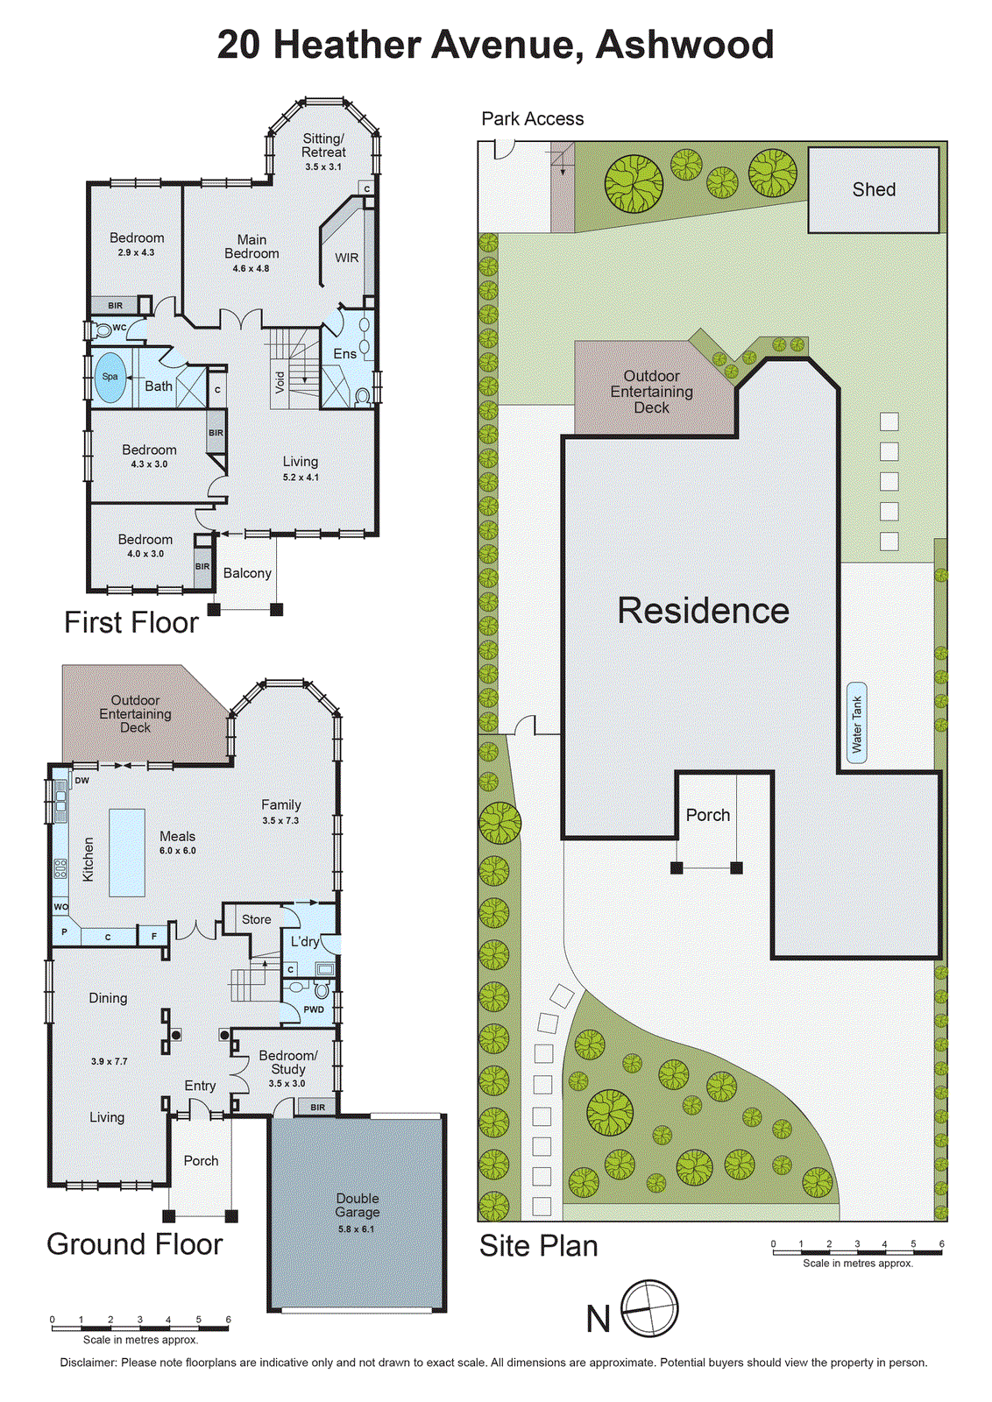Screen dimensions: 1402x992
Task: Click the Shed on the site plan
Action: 873,189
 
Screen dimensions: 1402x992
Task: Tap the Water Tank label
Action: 857,724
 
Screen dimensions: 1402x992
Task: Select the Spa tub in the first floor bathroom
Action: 110,377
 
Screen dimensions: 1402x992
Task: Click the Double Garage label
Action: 358,1205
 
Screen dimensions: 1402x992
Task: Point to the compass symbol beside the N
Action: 649,1309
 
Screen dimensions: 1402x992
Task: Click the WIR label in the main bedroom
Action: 346,258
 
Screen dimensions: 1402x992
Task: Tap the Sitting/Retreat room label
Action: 323,145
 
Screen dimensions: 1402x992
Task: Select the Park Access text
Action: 532,119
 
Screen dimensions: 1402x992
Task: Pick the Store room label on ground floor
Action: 256,919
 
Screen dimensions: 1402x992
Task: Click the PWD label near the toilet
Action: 313,1009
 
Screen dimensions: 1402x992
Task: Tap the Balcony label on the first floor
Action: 247,573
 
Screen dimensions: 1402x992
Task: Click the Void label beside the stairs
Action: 280,381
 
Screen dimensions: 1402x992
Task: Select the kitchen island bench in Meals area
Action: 127,852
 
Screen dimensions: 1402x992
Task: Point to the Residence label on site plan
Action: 703,611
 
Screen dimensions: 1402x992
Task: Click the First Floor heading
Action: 131,623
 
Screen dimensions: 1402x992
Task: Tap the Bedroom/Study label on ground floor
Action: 287,1062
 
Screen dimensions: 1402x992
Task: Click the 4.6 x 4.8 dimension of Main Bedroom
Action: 251,268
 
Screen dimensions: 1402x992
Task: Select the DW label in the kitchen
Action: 81,780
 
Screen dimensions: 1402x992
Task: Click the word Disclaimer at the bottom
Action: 88,1363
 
